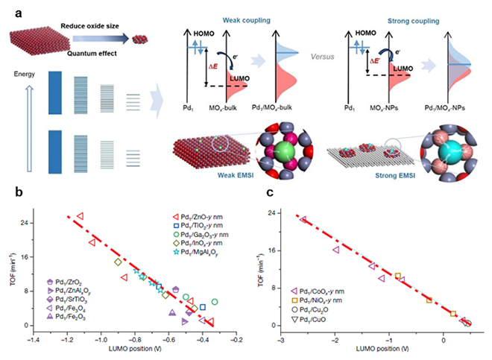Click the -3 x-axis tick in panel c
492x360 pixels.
(280, 339)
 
